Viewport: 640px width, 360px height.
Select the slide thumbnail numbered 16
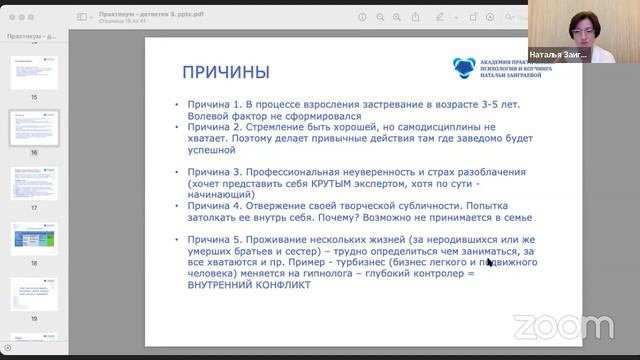pos(33,127)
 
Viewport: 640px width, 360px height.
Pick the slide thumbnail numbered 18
pos(33,238)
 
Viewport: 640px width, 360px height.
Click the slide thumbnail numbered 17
pos(33,183)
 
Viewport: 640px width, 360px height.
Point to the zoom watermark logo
pos(563,326)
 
